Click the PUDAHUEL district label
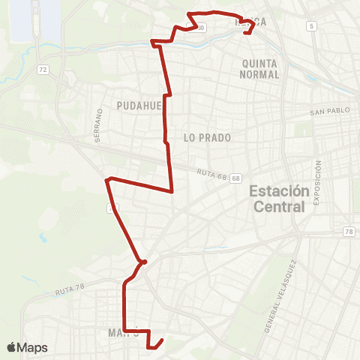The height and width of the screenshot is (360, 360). click(139, 106)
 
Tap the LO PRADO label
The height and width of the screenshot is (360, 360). click(206, 138)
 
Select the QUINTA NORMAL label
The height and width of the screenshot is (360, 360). click(260, 69)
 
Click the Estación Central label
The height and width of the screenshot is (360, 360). click(278, 198)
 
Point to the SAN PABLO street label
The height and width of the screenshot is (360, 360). click(330, 112)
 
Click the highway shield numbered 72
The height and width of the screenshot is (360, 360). click(43, 70)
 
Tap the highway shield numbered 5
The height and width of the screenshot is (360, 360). click(310, 26)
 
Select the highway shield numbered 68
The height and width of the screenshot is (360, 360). click(236, 178)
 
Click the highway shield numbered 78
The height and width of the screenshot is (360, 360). click(349, 232)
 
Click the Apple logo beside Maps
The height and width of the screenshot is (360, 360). click(12, 347)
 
